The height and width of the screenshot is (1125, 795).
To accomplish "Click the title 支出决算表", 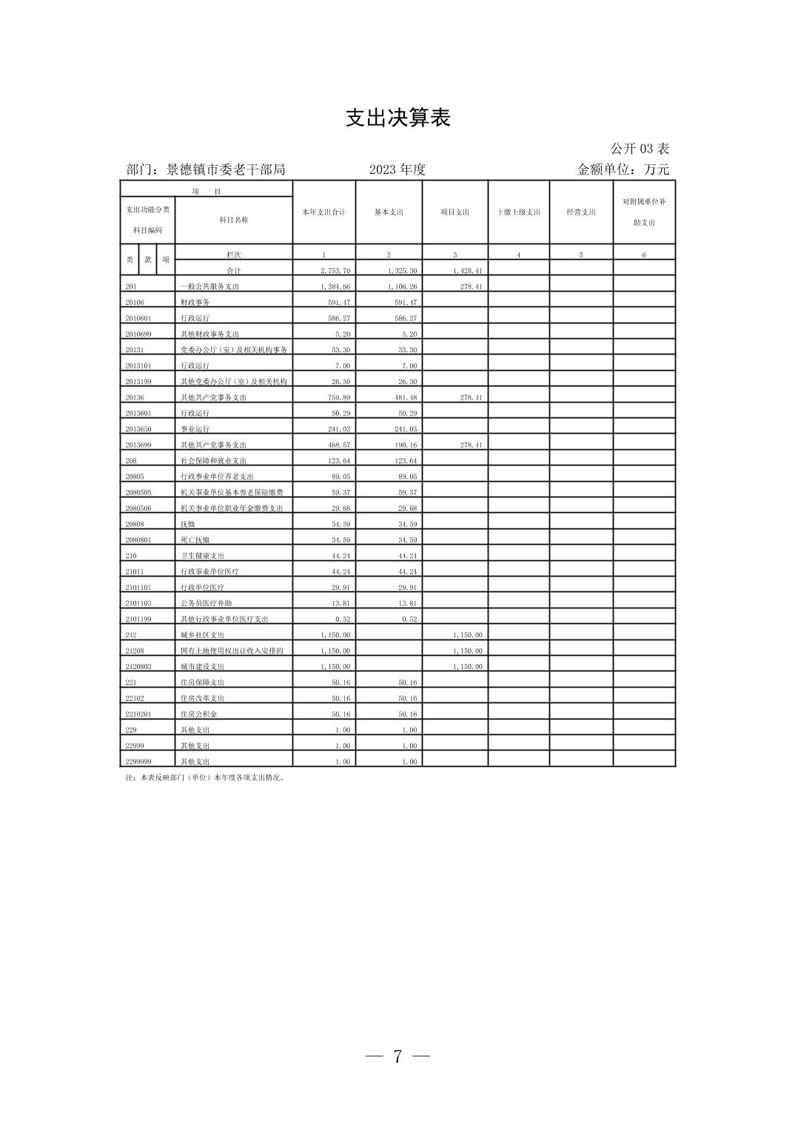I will [x=397, y=118].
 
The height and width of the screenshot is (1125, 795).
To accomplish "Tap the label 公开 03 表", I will [x=640, y=149].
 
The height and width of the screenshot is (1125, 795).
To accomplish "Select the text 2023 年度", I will [x=397, y=169].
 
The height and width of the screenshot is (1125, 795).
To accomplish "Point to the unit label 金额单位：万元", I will [x=623, y=169].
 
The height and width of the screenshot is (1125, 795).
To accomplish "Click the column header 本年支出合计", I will [x=323, y=212].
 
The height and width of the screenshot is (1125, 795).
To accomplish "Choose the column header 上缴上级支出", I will [x=518, y=212].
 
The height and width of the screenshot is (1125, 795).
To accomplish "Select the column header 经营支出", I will [x=581, y=212].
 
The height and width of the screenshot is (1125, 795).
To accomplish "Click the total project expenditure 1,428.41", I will [x=467, y=271].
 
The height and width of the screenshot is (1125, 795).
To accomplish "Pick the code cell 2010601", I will [x=138, y=318].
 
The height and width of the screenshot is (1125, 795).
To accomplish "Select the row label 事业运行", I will [x=195, y=429].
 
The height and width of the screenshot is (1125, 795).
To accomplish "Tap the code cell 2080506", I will [x=138, y=508].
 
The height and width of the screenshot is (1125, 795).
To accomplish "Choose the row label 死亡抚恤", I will [x=195, y=540].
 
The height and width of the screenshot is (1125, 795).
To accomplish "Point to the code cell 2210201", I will [x=138, y=714].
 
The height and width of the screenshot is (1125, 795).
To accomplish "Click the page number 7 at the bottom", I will [x=397, y=1056].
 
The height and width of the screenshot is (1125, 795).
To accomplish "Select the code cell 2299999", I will [x=138, y=762].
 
